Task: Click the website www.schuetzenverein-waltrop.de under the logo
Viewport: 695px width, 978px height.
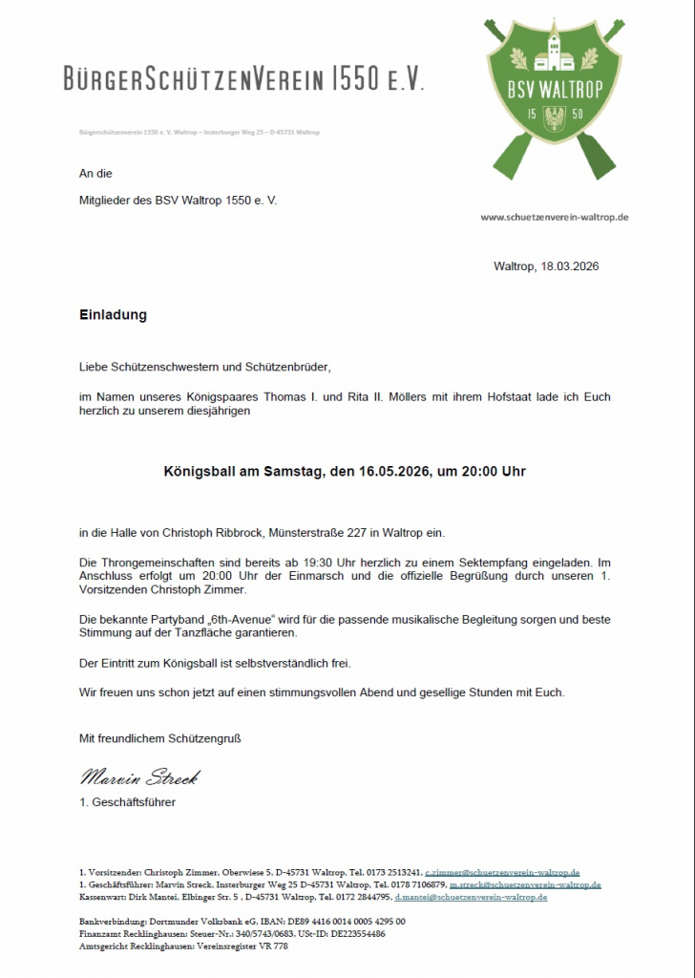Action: point(554,218)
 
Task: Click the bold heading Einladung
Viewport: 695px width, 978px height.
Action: point(113,314)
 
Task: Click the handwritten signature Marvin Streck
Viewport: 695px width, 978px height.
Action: point(139,776)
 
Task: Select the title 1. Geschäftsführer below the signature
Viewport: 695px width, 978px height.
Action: point(128,802)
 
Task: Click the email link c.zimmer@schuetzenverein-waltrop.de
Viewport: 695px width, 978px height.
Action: point(502,873)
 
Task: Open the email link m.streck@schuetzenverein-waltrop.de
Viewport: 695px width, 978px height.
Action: point(525,885)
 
